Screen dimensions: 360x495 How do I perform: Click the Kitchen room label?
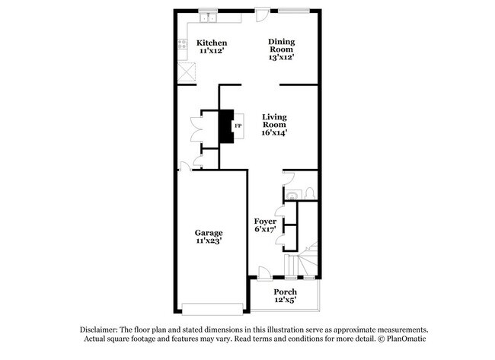pyautogui.click(x=212, y=43)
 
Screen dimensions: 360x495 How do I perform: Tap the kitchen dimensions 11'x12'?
pyautogui.click(x=212, y=52)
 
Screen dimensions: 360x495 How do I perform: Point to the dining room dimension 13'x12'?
pyautogui.click(x=281, y=57)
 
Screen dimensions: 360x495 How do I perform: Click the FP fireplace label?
pyautogui.click(x=238, y=126)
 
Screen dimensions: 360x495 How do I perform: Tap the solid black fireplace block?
pyautogui.click(x=226, y=126)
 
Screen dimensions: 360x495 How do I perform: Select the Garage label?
pyautogui.click(x=208, y=233)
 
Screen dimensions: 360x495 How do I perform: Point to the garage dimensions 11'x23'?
pyautogui.click(x=208, y=242)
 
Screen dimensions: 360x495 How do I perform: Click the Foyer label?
pyautogui.click(x=265, y=221)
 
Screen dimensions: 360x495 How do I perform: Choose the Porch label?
pyautogui.click(x=285, y=292)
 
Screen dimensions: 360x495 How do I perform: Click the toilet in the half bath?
pyautogui.click(x=311, y=193)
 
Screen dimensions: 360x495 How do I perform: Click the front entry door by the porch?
pyautogui.click(x=262, y=273)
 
